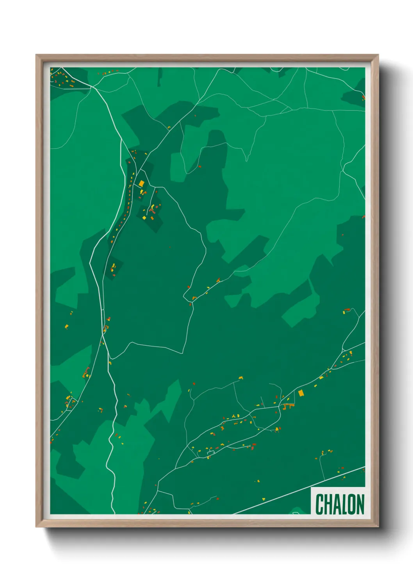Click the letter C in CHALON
(x=319, y=504)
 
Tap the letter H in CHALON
(x=327, y=504)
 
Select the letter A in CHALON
(x=335, y=504)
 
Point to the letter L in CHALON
(x=343, y=504)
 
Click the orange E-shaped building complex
(x=289, y=407)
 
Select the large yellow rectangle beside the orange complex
(x=301, y=393)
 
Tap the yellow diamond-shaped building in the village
(x=142, y=183)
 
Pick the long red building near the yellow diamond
(x=152, y=211)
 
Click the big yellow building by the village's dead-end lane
(x=144, y=218)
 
